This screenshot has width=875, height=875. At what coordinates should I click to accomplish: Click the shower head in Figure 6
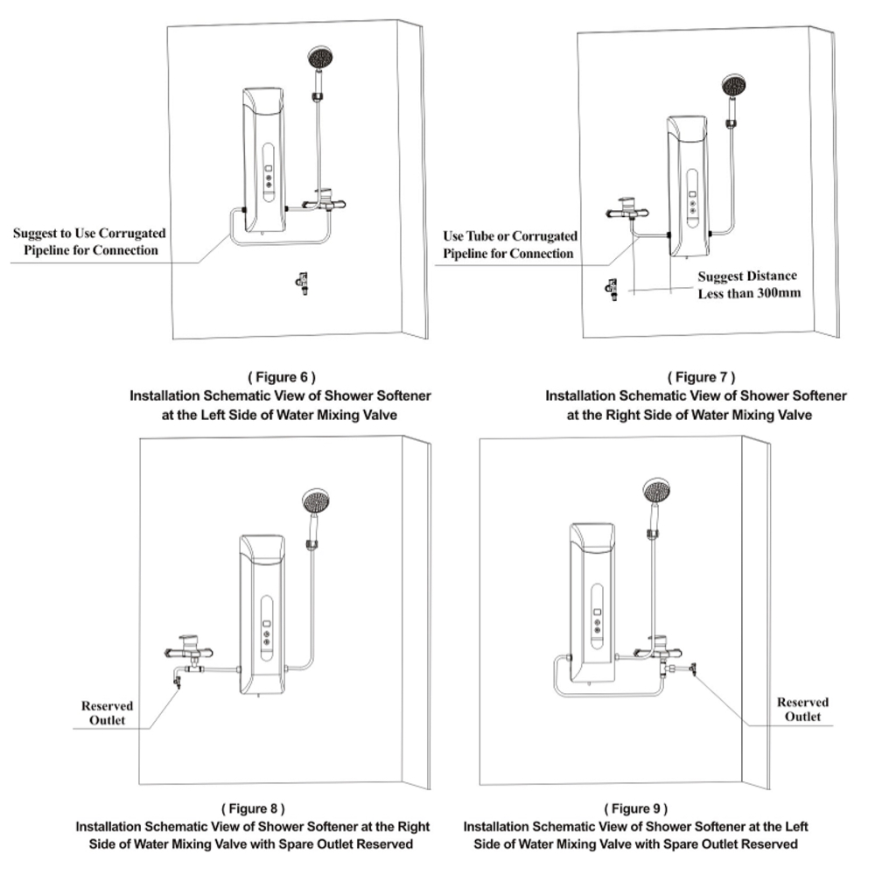pyautogui.click(x=321, y=58)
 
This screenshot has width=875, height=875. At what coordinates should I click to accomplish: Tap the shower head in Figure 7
pyautogui.click(x=734, y=86)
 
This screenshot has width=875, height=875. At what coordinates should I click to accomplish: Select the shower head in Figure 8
pyautogui.click(x=316, y=501)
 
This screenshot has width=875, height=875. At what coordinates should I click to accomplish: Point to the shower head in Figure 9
pyautogui.click(x=656, y=491)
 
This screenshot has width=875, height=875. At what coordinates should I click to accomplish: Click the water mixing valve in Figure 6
pyautogui.click(x=324, y=202)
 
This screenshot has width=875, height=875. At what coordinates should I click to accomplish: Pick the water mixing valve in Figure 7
pyautogui.click(x=627, y=210)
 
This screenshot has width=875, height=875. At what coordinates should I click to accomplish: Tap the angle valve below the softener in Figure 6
pyautogui.click(x=303, y=283)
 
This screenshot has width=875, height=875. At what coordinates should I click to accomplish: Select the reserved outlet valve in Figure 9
pyautogui.click(x=692, y=668)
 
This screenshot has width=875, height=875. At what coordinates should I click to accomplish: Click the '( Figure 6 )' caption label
pyautogui.click(x=282, y=377)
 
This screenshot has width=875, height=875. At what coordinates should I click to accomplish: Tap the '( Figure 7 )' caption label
pyautogui.click(x=702, y=377)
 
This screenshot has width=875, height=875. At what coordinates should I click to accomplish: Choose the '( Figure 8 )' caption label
pyautogui.click(x=253, y=808)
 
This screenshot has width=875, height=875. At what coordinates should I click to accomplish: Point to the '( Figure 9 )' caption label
pyautogui.click(x=635, y=808)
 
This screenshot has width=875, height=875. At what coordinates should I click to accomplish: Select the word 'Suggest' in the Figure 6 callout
pyautogui.click(x=35, y=234)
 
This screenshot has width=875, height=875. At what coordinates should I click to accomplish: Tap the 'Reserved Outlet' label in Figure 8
pyautogui.click(x=107, y=713)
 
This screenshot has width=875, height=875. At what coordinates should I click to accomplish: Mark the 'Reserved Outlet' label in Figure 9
pyautogui.click(x=802, y=710)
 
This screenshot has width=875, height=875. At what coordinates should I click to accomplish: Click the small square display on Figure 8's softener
pyautogui.click(x=267, y=624)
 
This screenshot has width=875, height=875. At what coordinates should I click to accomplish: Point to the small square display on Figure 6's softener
pyautogui.click(x=269, y=169)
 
